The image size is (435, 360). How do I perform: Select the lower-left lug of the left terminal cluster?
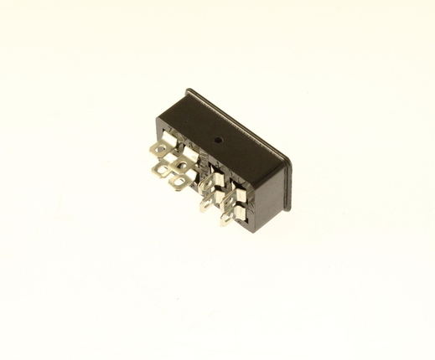tap(158, 171)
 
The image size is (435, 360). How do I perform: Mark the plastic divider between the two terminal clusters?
tap(199, 167)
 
